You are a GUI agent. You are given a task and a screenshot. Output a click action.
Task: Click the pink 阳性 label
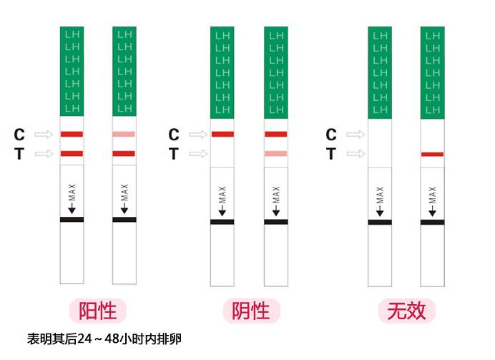(97, 311)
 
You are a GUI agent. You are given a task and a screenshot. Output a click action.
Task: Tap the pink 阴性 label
(251, 311)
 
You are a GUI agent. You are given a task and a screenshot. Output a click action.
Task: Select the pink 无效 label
(406, 311)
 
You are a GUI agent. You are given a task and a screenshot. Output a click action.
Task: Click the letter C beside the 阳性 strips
(19, 134)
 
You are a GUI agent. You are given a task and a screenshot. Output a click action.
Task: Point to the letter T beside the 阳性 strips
(19, 153)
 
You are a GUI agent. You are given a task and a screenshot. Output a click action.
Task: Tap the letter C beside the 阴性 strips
(173, 134)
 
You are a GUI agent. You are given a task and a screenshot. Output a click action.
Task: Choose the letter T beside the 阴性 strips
(173, 153)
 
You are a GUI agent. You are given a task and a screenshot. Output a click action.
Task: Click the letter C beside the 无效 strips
(330, 134)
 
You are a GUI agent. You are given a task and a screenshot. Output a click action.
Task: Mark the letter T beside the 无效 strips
(330, 153)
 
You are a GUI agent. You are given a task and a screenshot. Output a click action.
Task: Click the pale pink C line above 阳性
(124, 134)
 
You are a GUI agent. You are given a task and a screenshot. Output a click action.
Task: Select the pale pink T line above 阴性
(275, 153)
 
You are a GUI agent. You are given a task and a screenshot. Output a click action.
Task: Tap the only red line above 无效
(432, 154)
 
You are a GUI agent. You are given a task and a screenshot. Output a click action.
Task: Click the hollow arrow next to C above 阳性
(44, 134)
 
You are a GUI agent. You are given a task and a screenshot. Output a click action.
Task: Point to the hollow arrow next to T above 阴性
(198, 153)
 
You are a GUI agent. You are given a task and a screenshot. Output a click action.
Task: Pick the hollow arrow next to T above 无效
(356, 153)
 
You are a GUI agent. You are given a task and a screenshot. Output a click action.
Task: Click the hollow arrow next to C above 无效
(356, 134)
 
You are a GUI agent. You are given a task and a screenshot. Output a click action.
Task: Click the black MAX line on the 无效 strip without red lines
(380, 222)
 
